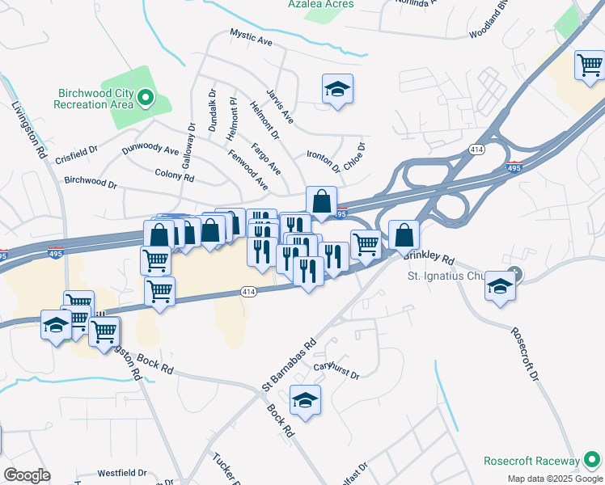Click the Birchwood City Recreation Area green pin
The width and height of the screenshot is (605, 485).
tap(146, 98)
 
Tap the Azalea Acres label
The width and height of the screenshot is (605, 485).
tap(322, 4)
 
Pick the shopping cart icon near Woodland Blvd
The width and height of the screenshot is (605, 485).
tap(590, 64)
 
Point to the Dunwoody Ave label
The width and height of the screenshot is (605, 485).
tap(150, 150)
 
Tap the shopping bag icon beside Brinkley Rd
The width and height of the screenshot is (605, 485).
tap(404, 235)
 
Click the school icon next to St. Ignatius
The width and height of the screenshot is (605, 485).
tap(501, 286)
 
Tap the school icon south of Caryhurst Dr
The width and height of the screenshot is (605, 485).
tap(305, 400)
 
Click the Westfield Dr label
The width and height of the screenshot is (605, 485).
tap(122, 473)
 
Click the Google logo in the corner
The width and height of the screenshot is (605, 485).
tap(27, 475)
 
